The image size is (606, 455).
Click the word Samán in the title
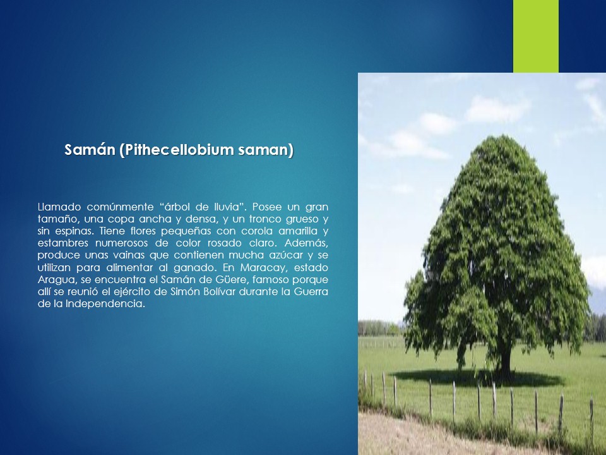90,150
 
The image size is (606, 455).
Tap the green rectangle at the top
536,37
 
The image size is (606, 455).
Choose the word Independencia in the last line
105,304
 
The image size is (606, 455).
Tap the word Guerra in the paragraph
311,291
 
